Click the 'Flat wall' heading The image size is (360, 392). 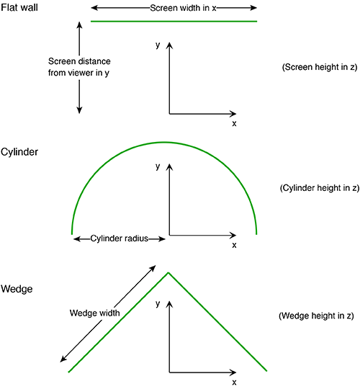(x=19, y=7)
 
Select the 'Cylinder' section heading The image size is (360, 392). (x=19, y=152)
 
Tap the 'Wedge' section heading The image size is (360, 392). (x=17, y=289)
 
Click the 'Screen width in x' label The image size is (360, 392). (x=183, y=8)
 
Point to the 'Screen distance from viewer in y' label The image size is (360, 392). (x=79, y=67)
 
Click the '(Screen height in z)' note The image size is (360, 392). (x=320, y=67)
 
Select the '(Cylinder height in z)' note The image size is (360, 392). (x=320, y=188)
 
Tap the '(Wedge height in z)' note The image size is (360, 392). (x=316, y=316)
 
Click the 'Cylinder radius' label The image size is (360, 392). (x=120, y=239)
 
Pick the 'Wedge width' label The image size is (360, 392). (x=95, y=313)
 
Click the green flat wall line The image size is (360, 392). (x=174, y=21)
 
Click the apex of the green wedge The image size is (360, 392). (x=168, y=273)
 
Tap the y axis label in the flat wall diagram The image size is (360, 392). (x=158, y=45)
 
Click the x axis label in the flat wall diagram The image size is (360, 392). (x=234, y=123)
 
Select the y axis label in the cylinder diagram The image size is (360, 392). (x=158, y=166)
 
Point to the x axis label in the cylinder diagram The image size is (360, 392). (x=234, y=245)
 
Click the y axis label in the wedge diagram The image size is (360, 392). (x=158, y=304)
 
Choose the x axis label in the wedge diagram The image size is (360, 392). (x=234, y=382)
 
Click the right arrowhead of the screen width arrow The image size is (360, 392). (x=254, y=8)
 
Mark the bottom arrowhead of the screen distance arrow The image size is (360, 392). (x=79, y=110)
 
